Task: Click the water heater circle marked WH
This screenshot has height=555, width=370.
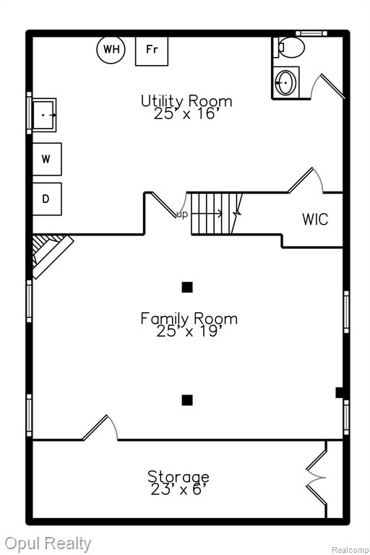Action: (x=111, y=49)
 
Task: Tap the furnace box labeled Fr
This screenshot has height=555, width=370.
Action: (x=152, y=51)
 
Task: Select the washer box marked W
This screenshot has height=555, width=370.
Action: (x=47, y=159)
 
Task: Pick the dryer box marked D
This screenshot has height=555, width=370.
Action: (x=47, y=199)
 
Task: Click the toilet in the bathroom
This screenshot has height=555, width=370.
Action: (x=289, y=47)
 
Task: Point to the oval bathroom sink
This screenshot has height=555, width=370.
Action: (x=285, y=82)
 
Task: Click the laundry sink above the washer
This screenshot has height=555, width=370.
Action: (x=44, y=115)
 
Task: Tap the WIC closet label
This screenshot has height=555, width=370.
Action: (x=315, y=219)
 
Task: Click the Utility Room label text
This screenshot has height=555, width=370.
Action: (x=186, y=101)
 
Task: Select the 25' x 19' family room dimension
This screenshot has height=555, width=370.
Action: (x=189, y=331)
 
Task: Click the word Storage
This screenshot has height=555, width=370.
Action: (x=178, y=476)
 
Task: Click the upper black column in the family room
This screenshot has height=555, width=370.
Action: (x=187, y=287)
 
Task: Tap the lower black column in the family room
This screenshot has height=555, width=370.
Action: (x=187, y=400)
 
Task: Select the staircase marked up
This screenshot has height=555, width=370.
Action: (x=216, y=213)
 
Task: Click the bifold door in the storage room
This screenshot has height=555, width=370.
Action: (x=316, y=478)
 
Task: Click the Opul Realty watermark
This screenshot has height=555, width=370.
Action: (x=48, y=544)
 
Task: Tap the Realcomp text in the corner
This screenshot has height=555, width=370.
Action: (x=350, y=550)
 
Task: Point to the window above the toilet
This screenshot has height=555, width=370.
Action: (x=311, y=33)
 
